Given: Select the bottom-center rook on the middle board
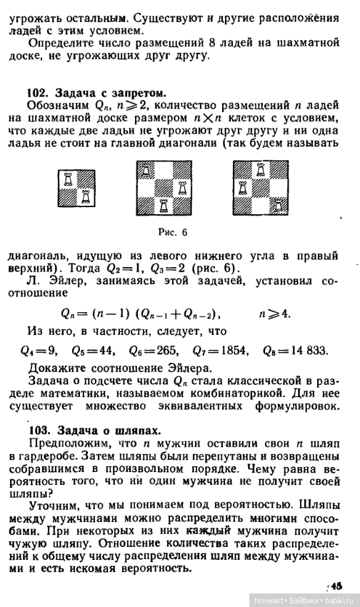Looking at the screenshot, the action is (x=164, y=207).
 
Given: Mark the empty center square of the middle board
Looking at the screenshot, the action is (x=164, y=189).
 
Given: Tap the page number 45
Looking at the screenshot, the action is (x=336, y=583).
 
